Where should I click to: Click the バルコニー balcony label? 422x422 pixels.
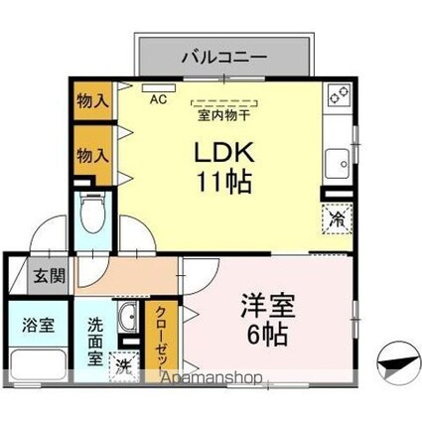(x=224, y=57)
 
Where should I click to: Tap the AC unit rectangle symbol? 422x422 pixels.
(x=159, y=88)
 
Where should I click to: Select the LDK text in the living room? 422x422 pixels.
(x=224, y=152)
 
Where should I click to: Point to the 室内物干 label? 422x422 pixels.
(x=223, y=115)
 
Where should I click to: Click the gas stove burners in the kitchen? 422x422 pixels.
(x=340, y=94)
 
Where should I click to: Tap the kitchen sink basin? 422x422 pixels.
(x=338, y=164)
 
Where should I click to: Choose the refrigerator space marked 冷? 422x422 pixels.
(x=338, y=219)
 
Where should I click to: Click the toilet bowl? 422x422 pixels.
(x=93, y=213)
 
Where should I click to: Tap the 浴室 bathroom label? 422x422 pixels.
(x=39, y=325)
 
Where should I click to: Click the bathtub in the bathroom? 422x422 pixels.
(x=39, y=365)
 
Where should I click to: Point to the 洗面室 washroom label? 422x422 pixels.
(x=95, y=342)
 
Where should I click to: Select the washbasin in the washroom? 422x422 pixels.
(x=128, y=317)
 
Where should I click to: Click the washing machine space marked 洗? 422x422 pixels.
(x=124, y=366)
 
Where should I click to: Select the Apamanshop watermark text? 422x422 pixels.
(x=211, y=377)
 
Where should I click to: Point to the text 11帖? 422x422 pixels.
(x=224, y=182)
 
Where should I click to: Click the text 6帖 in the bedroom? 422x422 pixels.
(x=267, y=334)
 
